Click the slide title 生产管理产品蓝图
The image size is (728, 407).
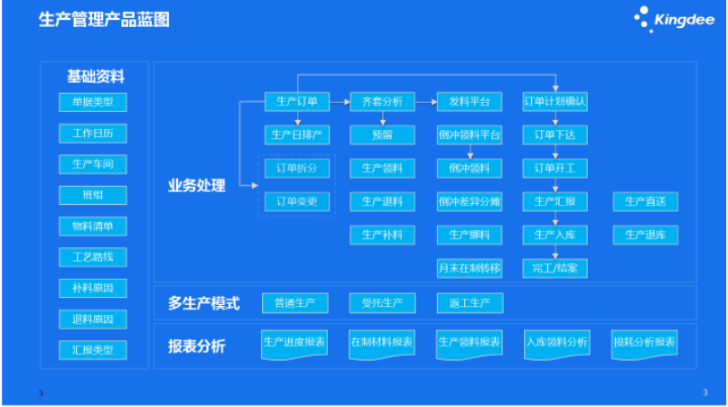coord(104,20)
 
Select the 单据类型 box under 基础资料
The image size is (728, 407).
coord(93,101)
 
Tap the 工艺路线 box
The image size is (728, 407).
coord(93,257)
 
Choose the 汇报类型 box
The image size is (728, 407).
coord(93,349)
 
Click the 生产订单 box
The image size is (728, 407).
coord(296,102)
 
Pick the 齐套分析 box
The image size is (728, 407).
coord(382,102)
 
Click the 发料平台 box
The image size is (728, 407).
coord(469,102)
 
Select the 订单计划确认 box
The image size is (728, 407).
coord(555,102)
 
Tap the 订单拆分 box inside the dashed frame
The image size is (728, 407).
coord(296,168)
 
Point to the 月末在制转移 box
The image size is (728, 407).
coord(469,268)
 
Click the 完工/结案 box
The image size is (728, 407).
coord(555,268)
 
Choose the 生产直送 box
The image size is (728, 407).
coord(645,201)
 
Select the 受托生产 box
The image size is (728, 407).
coord(382,302)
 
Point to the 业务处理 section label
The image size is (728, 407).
coord(198,185)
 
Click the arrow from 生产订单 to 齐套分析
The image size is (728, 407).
coord(340,102)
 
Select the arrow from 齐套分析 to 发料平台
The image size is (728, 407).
coord(425,102)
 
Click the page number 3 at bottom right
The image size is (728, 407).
coord(705,392)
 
